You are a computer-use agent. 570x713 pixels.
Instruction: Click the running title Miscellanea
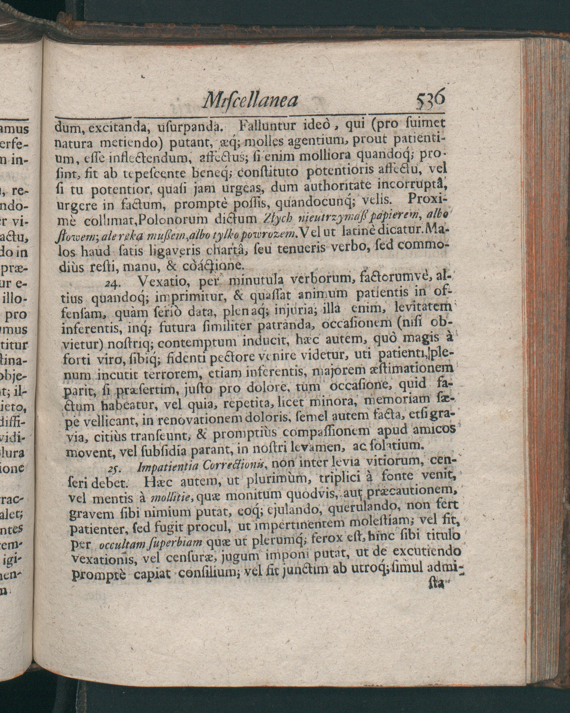point(250,100)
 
